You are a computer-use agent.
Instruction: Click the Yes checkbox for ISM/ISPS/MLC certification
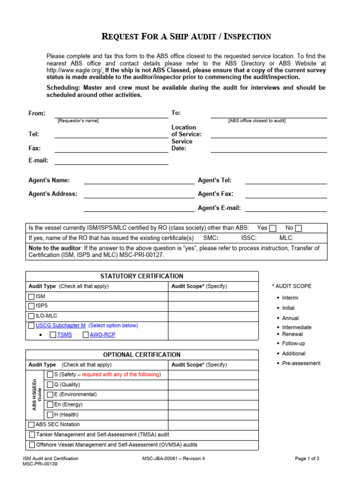click(x=273, y=228)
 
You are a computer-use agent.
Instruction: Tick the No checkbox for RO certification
click(x=299, y=228)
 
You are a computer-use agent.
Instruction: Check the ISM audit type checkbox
click(x=31, y=296)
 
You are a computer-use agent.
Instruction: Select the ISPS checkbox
click(x=31, y=306)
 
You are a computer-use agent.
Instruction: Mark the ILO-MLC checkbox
click(x=31, y=316)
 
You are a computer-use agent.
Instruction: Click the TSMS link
click(x=65, y=335)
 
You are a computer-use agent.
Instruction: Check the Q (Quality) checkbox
click(x=50, y=384)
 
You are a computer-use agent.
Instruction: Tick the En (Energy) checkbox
click(x=50, y=405)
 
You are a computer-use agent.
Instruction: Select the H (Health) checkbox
click(x=50, y=415)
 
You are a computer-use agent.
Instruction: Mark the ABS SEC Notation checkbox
click(x=31, y=425)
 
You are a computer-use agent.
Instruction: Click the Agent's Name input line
click(x=139, y=180)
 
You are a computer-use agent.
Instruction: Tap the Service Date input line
click(x=269, y=149)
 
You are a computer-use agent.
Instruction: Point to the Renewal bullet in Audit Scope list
click(x=292, y=334)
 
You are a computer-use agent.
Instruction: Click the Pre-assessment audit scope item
click(x=301, y=363)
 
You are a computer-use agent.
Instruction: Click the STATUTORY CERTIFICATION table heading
click(x=142, y=276)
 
